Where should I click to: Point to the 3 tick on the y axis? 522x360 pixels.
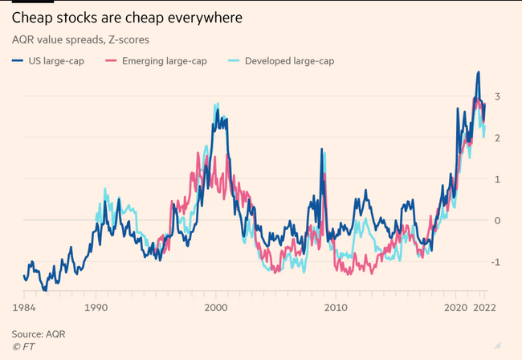[498, 96]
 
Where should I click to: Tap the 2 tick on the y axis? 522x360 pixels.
[498, 138]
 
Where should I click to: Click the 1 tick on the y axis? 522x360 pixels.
[498, 179]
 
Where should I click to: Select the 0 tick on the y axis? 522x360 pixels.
[498, 220]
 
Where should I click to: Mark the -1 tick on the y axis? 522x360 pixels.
[496, 262]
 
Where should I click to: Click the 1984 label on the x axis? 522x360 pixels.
[23, 309]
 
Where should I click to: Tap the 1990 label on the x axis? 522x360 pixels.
[96, 309]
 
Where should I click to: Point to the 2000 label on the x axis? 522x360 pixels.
[216, 309]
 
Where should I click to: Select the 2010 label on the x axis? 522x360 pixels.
[336, 309]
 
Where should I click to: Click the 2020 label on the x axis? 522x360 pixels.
[455, 309]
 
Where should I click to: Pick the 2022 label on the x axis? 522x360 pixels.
[482, 309]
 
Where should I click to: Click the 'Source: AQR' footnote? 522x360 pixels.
[38, 333]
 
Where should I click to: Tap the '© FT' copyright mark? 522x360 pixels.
[23, 346]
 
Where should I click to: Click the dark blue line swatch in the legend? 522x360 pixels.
[18, 61]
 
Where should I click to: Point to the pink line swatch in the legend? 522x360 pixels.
[114, 61]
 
